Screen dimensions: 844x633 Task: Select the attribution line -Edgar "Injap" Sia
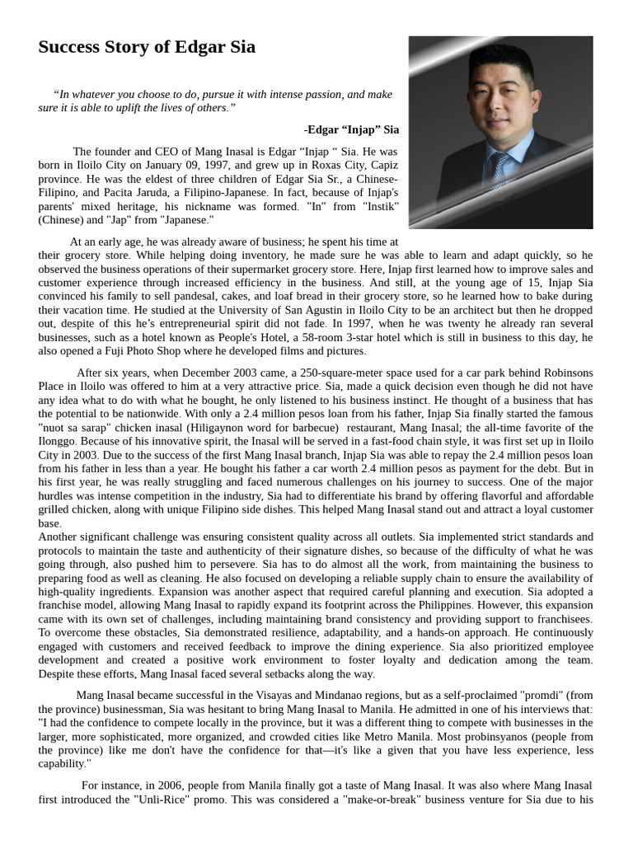click(x=351, y=129)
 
